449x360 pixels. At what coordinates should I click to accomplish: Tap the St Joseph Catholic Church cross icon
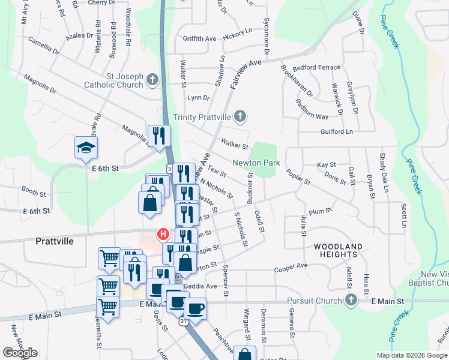(152, 79)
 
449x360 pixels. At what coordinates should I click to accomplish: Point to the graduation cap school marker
(86, 147)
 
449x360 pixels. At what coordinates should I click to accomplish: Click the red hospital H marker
(161, 233)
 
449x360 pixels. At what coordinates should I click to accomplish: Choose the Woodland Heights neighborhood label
(339, 250)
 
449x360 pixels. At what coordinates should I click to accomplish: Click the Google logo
(20, 352)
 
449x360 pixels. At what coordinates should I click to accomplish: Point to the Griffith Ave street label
(199, 38)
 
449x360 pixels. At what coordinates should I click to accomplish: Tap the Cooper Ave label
(291, 265)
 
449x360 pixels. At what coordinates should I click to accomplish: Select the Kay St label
(326, 164)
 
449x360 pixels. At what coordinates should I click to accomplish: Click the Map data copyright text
(412, 355)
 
